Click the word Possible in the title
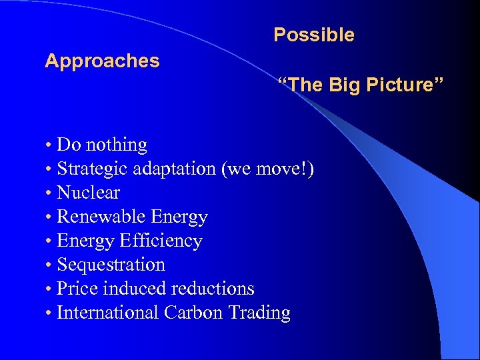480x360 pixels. [313, 35]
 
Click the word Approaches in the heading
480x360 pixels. [102, 61]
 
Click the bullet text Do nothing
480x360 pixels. [102, 145]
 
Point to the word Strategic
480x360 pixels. [91, 169]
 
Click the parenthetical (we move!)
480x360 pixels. [267, 169]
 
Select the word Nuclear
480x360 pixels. [89, 193]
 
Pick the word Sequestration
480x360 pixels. [111, 265]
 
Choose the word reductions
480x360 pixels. [213, 289]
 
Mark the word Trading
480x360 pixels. [259, 313]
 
